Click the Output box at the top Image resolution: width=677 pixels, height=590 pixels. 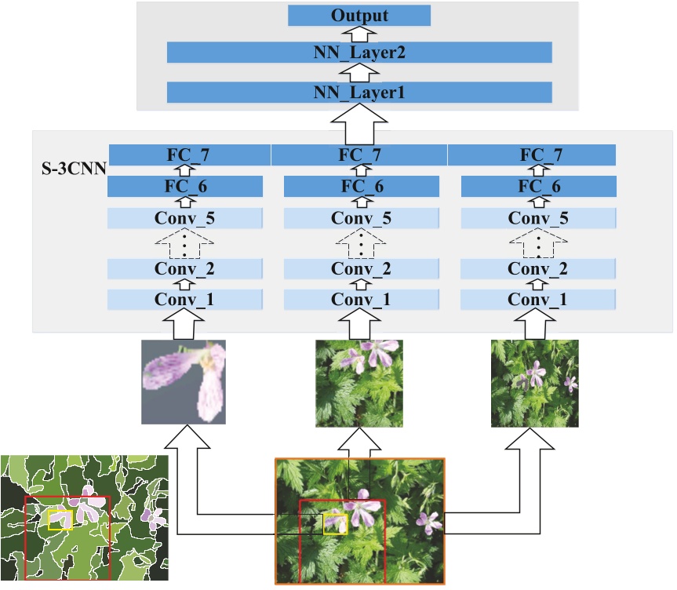click(x=359, y=16)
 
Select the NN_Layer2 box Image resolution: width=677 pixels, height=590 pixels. click(x=359, y=53)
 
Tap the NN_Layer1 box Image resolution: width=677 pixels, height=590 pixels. click(x=359, y=93)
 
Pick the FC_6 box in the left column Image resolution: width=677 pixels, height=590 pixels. click(x=184, y=187)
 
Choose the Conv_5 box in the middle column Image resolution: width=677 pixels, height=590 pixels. click(x=360, y=219)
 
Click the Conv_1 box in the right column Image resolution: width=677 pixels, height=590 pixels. click(x=537, y=299)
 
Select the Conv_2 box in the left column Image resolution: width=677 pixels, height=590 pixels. click(x=184, y=268)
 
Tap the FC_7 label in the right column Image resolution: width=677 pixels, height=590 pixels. click(x=541, y=155)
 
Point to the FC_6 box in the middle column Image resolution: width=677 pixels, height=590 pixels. click(x=360, y=187)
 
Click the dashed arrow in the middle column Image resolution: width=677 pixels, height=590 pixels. click(x=360, y=244)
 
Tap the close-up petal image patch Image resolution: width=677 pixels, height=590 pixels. click(x=184, y=382)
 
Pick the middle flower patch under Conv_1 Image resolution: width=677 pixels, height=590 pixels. click(x=359, y=383)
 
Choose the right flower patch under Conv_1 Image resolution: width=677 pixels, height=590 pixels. click(x=534, y=383)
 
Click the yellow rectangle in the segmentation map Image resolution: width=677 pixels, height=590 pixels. click(x=60, y=519)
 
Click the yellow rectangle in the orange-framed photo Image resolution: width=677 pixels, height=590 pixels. click(x=335, y=524)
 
